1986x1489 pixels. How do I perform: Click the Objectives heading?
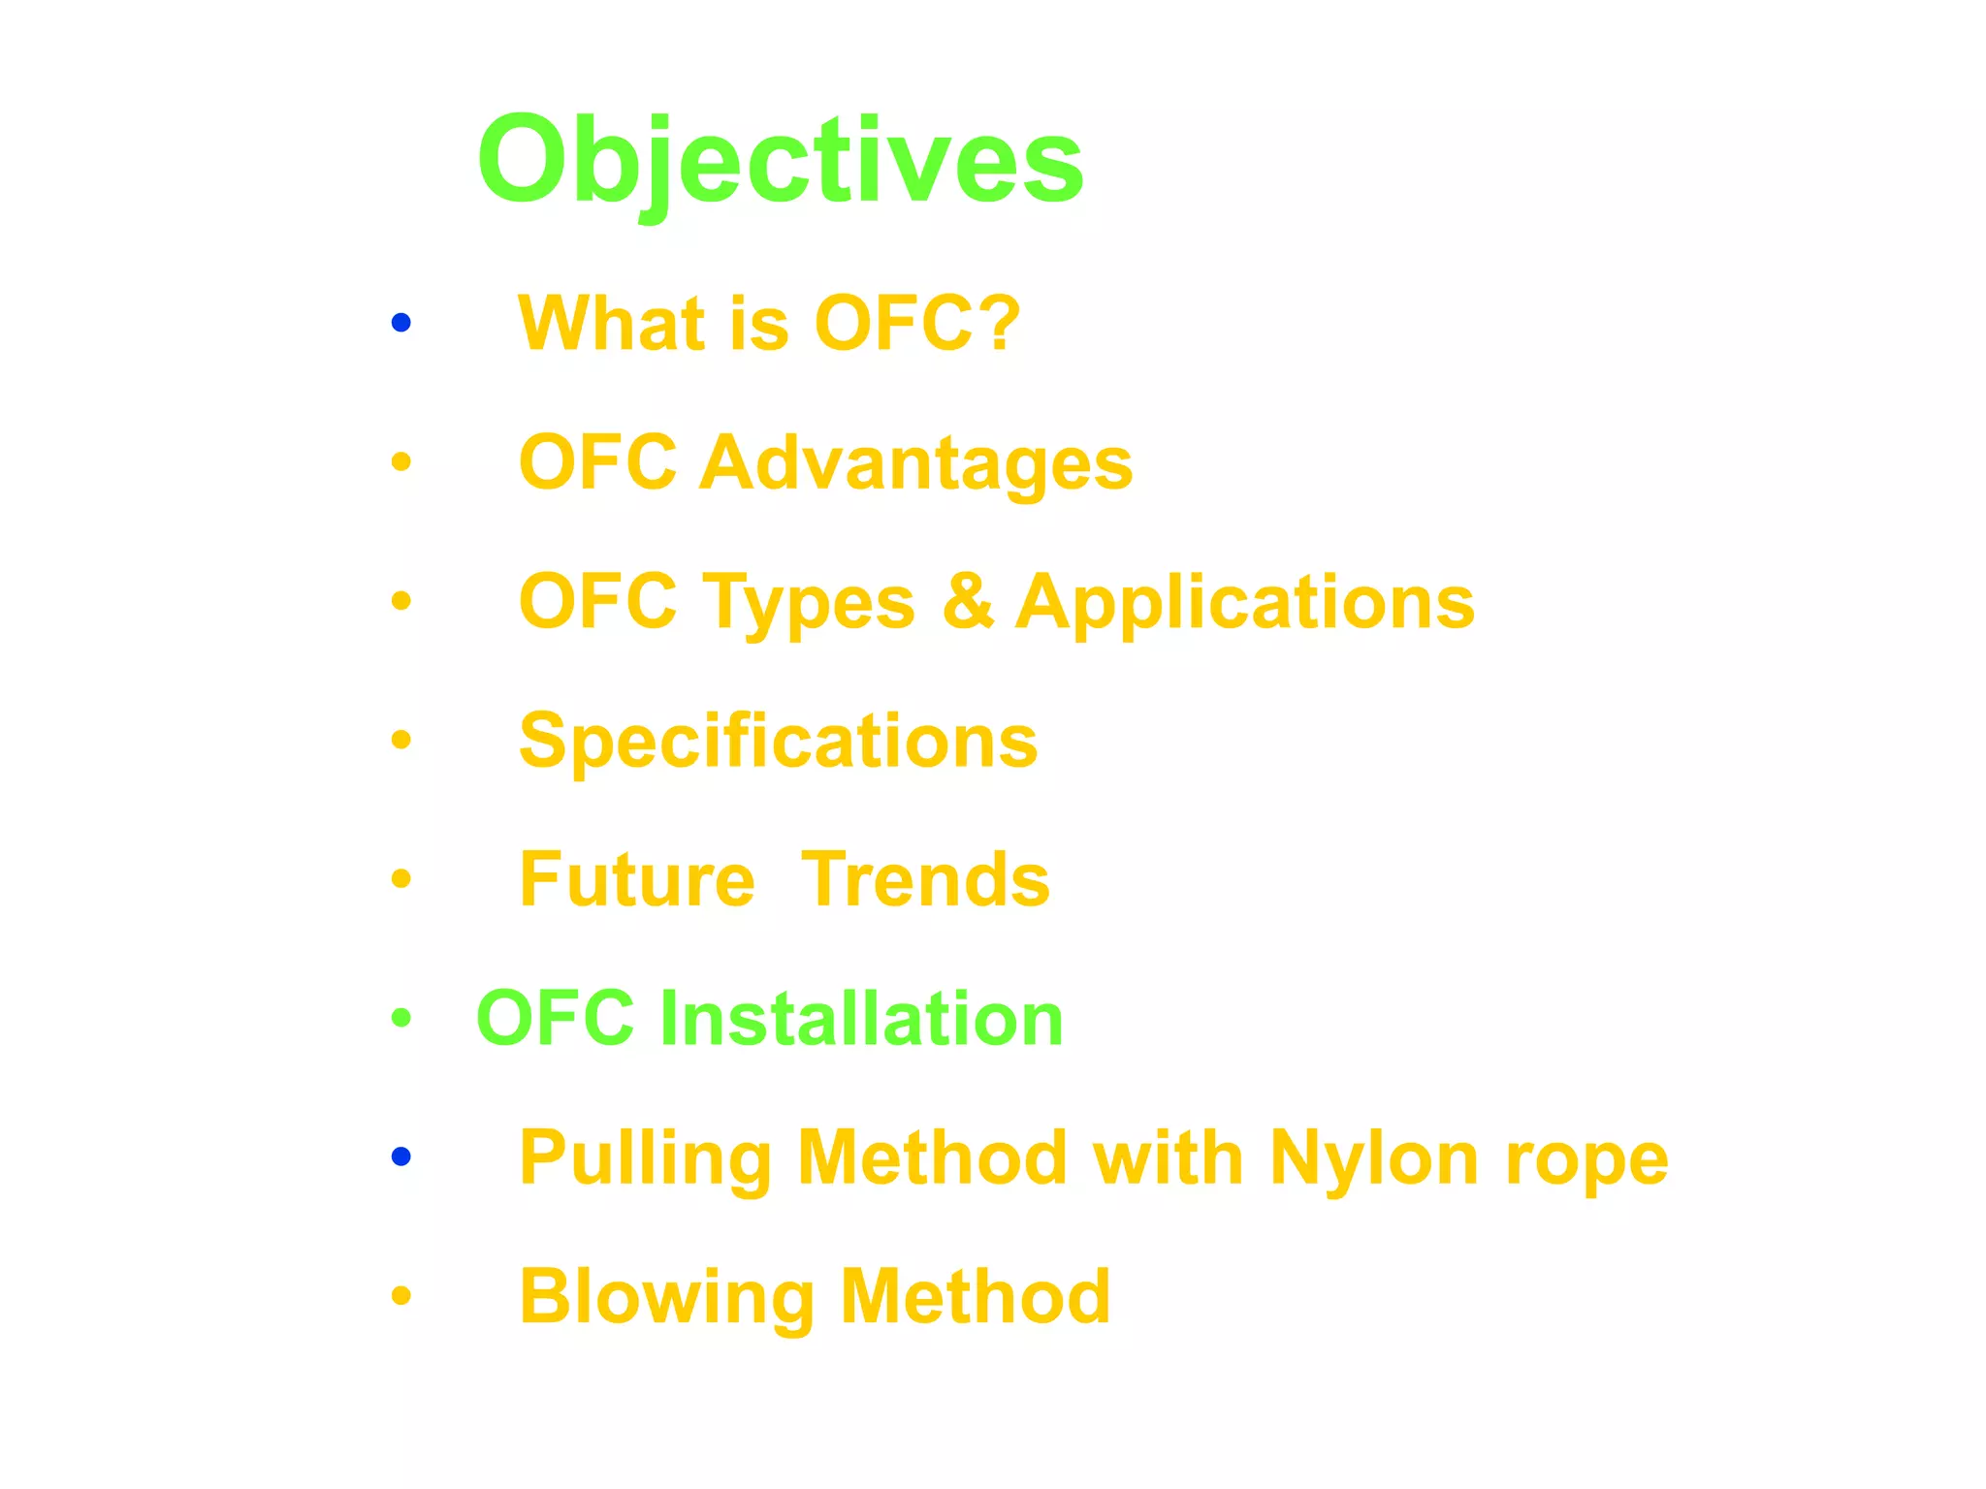[x=780, y=159]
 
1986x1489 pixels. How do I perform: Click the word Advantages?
[x=915, y=463]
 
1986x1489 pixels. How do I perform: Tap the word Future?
[x=637, y=879]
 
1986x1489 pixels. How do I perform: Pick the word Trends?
[x=926, y=879]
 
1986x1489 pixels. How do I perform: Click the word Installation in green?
[x=861, y=1018]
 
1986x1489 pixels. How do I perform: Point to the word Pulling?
[x=645, y=1158]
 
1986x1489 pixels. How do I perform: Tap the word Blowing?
[x=667, y=1297]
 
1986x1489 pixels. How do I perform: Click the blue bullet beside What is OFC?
[x=401, y=322]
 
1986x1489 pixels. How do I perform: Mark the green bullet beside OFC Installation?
[x=401, y=1018]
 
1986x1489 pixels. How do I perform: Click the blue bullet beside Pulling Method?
[x=401, y=1156]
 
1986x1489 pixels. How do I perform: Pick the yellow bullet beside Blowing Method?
[x=401, y=1295]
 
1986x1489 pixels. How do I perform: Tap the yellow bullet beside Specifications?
[x=401, y=741]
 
